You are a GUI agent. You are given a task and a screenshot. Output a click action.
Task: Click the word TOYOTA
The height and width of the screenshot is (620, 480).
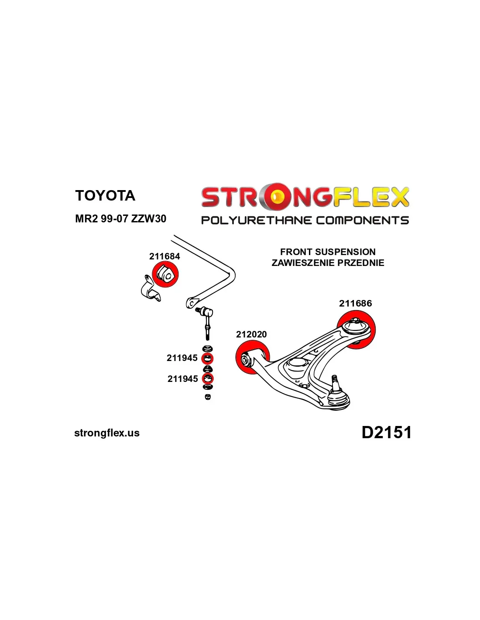click(105, 195)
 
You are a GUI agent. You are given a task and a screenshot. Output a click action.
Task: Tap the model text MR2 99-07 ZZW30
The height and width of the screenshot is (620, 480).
click(120, 218)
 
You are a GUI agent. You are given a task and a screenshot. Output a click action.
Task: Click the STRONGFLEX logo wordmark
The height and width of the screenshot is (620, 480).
click(305, 197)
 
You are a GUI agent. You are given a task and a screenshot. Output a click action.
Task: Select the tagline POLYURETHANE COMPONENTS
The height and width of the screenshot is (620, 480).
click(305, 220)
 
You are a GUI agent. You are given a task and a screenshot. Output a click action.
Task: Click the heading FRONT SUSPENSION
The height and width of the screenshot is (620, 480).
click(328, 252)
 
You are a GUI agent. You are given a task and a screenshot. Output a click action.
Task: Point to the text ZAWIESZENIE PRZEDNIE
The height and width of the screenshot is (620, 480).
click(328, 263)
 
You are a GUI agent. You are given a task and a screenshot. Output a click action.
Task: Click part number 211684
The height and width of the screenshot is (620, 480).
click(165, 256)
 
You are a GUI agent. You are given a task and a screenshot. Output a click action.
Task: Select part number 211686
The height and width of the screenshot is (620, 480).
click(355, 303)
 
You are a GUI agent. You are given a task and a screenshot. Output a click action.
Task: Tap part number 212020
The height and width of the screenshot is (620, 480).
click(251, 334)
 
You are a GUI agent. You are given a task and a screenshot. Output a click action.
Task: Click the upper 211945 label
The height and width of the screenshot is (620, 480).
click(182, 358)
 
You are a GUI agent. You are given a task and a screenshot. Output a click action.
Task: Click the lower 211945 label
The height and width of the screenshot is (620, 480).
click(182, 379)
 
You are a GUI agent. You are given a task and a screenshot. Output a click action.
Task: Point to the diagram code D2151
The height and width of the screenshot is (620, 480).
click(386, 433)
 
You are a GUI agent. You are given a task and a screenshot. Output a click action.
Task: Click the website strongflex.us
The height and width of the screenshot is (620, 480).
click(107, 433)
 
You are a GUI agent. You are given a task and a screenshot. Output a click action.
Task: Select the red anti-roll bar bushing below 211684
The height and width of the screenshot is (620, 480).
click(165, 274)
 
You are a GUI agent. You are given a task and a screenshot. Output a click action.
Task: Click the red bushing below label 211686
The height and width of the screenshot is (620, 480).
click(356, 329)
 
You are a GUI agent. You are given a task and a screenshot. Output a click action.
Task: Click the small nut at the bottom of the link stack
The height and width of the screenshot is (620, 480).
click(208, 396)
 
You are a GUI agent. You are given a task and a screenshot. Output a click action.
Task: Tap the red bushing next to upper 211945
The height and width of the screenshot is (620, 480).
click(208, 359)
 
